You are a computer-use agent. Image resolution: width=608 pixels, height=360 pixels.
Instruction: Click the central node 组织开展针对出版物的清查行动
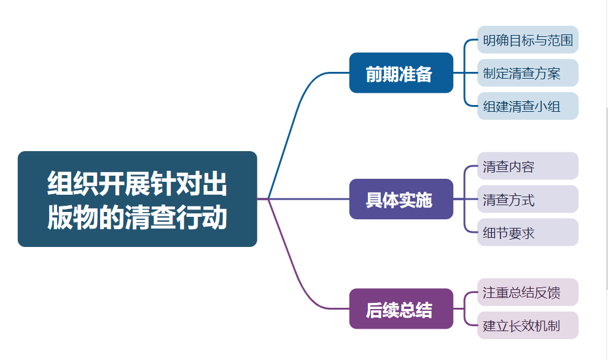point(137,199)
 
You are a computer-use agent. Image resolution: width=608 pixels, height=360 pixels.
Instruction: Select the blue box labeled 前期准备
point(401,73)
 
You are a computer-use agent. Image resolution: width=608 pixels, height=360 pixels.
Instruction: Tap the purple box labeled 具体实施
point(401,199)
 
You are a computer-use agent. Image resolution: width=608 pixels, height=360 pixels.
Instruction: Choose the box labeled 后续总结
point(401,309)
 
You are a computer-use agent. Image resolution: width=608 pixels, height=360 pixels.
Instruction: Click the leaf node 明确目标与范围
point(528,40)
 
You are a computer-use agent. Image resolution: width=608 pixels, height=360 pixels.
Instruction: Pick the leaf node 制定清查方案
point(528,73)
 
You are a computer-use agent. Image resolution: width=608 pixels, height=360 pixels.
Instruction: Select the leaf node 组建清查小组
point(528,106)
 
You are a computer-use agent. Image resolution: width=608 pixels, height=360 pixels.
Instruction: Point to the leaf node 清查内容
point(528,166)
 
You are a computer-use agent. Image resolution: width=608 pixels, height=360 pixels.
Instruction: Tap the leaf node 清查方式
point(528,199)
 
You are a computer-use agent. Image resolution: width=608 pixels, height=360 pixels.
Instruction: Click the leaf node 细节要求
point(528,233)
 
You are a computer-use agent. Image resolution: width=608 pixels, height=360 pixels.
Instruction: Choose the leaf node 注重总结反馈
point(528,292)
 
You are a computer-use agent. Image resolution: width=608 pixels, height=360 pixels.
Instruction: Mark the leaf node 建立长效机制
point(528,325)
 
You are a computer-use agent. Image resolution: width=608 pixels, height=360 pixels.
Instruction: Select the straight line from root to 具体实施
point(307,199)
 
